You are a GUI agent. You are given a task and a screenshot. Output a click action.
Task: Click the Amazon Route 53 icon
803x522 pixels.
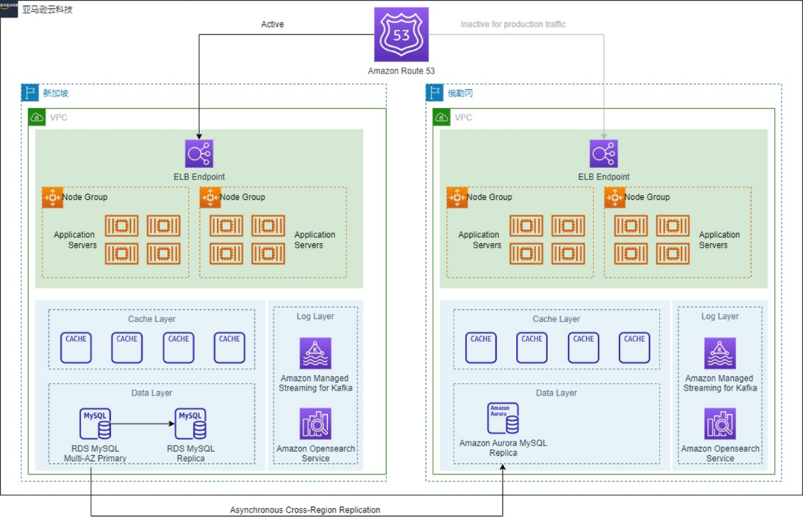(x=401, y=35)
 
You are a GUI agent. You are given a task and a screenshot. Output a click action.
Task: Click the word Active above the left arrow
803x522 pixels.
(x=272, y=25)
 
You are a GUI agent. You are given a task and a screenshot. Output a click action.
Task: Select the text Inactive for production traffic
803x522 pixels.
(x=513, y=25)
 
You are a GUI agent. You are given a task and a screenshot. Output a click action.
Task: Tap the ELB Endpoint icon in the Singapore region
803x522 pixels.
(x=199, y=154)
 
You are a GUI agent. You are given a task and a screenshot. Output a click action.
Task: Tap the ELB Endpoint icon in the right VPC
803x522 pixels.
(x=603, y=154)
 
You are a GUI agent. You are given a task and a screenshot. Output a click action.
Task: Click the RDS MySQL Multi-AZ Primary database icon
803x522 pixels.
(x=95, y=424)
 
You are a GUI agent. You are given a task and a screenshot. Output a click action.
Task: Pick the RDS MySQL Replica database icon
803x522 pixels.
(x=190, y=424)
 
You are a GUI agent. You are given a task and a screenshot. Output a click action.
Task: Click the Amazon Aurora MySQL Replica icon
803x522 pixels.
(x=503, y=419)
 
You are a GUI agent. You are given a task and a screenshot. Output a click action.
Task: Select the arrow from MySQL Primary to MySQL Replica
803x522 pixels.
(x=143, y=425)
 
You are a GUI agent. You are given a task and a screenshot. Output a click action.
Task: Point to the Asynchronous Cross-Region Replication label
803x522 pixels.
(x=305, y=510)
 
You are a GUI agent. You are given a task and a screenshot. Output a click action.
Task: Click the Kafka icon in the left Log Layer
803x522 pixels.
(x=315, y=353)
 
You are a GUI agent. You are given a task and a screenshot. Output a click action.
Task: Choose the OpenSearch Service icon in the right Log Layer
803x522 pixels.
(x=720, y=424)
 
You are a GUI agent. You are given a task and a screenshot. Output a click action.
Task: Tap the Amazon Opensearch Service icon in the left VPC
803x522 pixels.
(x=315, y=424)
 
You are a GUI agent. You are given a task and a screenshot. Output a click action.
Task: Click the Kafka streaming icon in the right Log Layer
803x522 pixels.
(x=720, y=353)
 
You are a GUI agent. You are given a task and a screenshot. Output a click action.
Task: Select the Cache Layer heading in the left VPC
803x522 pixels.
(x=152, y=319)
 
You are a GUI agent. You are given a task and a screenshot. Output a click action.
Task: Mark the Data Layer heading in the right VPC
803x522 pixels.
(x=556, y=393)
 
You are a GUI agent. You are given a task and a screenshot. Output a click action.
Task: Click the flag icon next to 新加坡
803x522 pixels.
(x=30, y=93)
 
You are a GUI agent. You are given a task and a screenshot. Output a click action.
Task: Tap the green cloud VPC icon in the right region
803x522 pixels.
(x=442, y=117)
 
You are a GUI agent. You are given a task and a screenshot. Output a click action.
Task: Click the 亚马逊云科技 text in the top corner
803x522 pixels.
(x=48, y=10)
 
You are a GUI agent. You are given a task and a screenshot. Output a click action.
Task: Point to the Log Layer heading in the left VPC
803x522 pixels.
(x=315, y=316)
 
